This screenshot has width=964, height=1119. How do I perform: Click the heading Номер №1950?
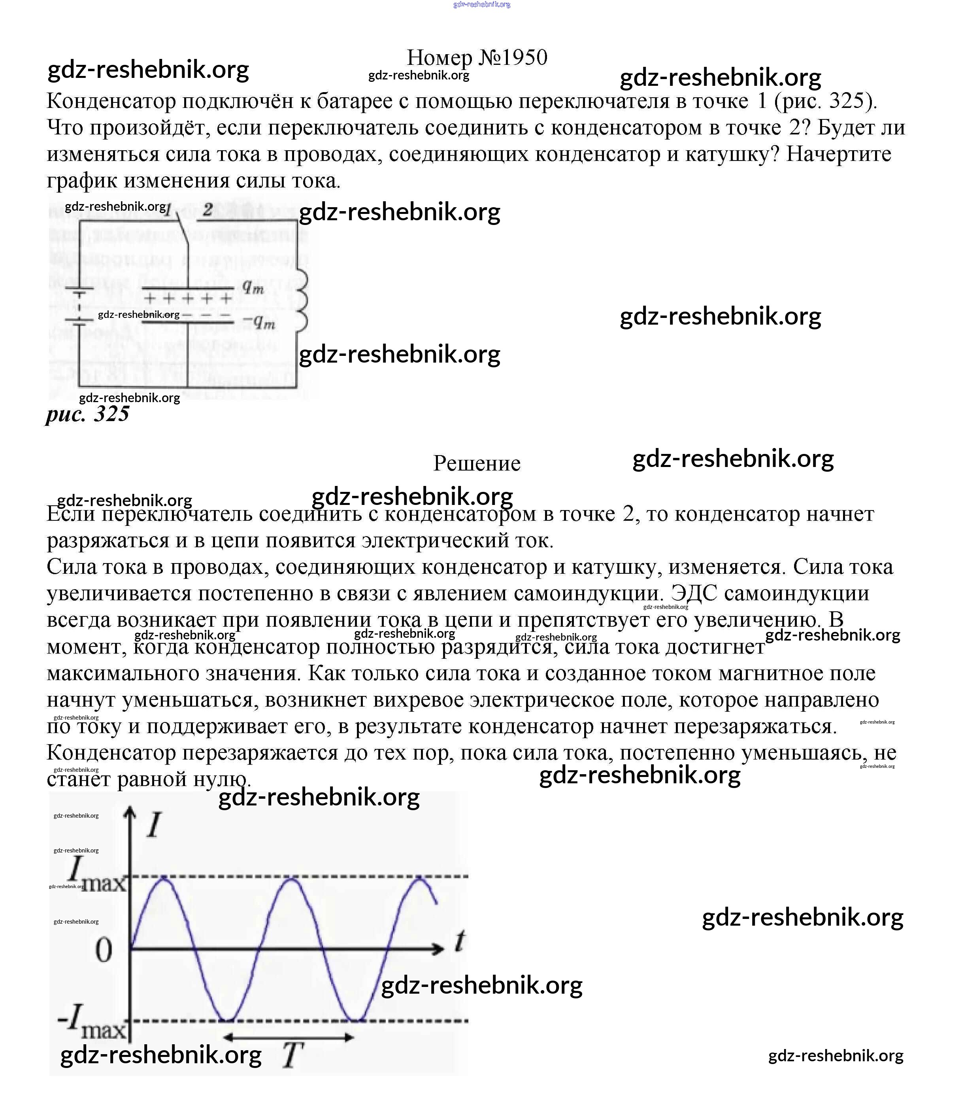point(477,57)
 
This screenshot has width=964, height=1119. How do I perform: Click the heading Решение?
point(477,463)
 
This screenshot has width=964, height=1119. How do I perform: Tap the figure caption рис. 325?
point(87,414)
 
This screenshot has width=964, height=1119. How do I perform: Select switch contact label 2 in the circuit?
point(208,209)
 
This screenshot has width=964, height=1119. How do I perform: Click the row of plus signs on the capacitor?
point(187,298)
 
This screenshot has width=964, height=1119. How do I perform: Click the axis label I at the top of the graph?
point(154,825)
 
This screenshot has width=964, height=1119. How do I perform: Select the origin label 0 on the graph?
point(104,950)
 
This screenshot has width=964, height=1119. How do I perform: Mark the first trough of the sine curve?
point(227,1020)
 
